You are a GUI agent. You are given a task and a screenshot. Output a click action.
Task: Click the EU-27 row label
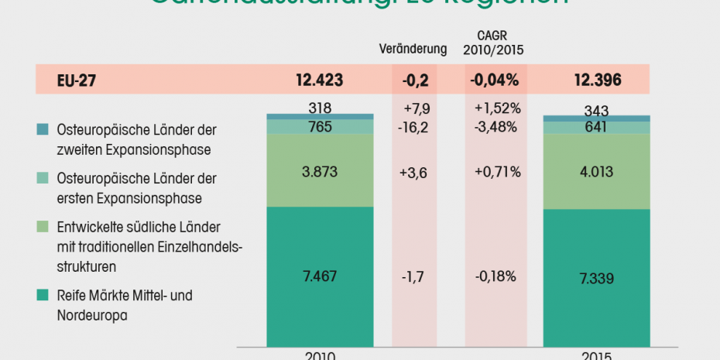[x=76, y=79]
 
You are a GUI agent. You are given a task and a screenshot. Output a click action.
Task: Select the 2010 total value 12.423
[x=318, y=79]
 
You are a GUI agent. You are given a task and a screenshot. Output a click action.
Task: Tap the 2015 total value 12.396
[x=596, y=79]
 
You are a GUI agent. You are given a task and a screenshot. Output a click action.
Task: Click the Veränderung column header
[x=413, y=49]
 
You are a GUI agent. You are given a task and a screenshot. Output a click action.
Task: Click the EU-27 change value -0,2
[x=416, y=79]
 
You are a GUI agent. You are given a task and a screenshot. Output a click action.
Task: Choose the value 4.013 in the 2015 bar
[x=596, y=171]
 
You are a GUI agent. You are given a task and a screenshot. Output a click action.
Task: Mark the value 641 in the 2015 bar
[x=596, y=127]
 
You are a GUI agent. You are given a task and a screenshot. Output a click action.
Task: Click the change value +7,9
[x=417, y=108]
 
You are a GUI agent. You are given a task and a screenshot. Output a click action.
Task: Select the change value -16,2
[x=417, y=126]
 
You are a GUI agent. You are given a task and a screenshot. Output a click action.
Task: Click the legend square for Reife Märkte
[x=43, y=295]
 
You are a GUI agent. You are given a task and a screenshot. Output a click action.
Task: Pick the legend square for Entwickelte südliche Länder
[x=43, y=228]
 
